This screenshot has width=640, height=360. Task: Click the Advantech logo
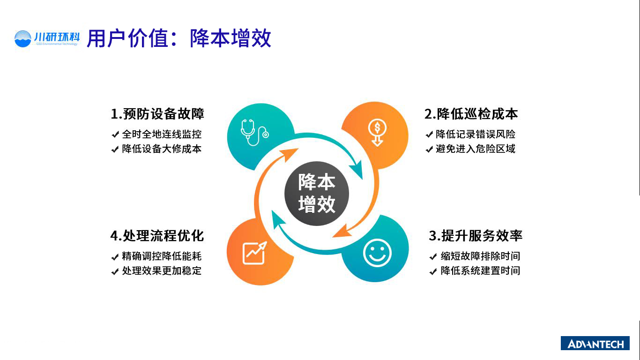595,343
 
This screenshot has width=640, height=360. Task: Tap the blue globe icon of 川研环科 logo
23,39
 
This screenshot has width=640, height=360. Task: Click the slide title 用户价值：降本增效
179,38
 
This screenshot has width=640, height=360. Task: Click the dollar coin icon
377,132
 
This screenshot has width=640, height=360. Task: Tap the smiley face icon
377,253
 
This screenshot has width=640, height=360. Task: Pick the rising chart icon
254,253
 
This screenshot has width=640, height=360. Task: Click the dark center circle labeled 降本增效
317,194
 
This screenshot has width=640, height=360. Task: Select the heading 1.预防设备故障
157,114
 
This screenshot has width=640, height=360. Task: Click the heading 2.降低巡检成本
471,114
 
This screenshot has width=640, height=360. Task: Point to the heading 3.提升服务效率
476,236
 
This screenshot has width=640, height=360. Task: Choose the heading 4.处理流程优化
157,236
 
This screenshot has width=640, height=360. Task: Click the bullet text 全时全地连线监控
162,134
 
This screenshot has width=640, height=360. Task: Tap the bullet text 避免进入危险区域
476,149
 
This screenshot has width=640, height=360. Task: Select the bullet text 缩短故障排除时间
480,256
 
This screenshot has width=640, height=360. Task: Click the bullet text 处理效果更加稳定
162,270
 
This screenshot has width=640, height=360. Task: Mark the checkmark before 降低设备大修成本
115,149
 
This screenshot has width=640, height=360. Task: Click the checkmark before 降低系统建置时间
433,271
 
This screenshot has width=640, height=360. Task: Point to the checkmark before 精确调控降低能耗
115,257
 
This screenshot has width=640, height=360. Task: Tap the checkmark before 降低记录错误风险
429,135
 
